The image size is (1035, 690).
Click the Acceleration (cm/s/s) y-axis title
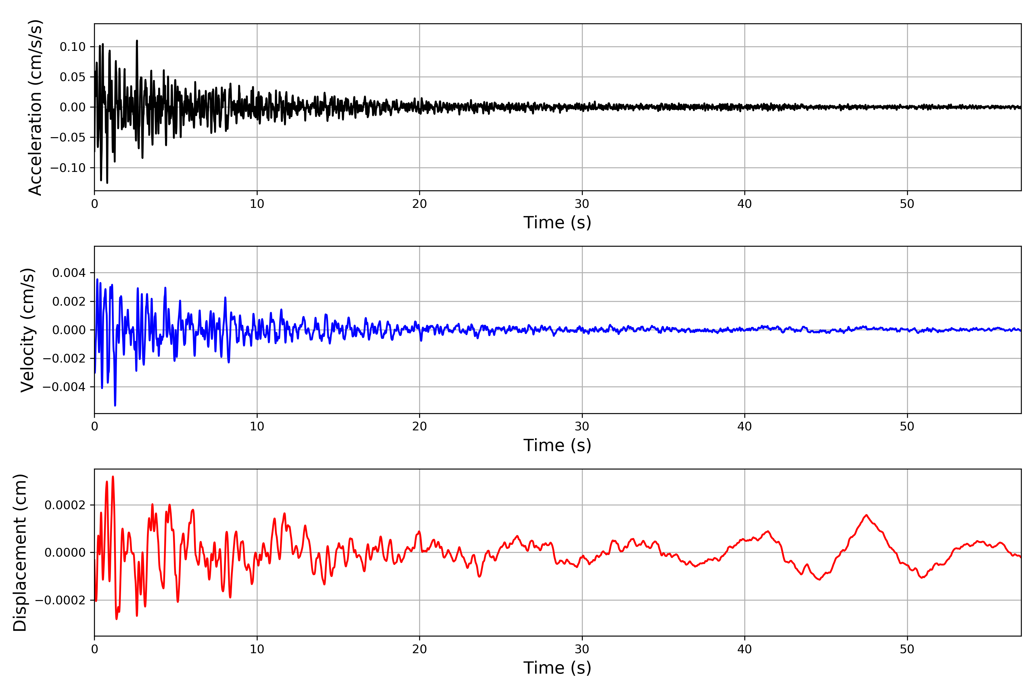[35, 107]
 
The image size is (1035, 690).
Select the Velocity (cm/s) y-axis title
[27, 330]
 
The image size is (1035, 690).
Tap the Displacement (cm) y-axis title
[20, 553]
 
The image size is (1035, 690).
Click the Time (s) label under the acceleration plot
[557, 223]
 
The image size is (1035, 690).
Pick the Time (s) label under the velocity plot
[557, 445]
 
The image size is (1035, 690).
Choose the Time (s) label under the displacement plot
[557, 668]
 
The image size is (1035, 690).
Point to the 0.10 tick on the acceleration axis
[73, 47]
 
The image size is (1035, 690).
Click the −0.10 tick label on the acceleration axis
[68, 168]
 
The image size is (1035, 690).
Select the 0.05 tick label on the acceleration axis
[73, 77]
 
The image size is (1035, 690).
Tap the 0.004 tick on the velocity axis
[69, 273]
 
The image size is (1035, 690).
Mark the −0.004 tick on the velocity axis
[64, 387]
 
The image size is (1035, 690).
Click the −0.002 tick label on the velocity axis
[64, 358]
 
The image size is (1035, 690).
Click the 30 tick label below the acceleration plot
[582, 204]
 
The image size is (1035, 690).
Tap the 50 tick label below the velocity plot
[907, 426]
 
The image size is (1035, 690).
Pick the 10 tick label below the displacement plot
[257, 649]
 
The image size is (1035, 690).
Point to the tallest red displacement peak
[113, 477]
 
